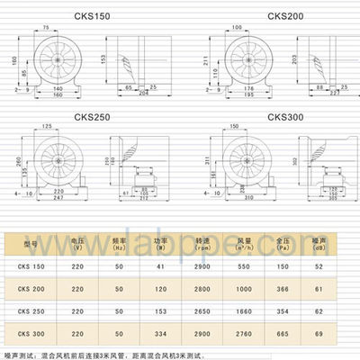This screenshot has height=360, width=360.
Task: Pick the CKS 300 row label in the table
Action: click(31, 332)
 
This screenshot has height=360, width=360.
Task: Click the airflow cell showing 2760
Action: click(242, 332)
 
